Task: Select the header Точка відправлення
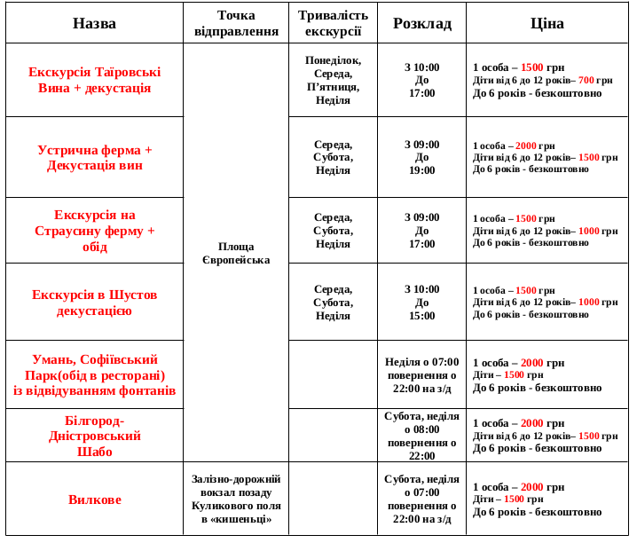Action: (235, 23)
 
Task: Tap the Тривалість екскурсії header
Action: (333, 23)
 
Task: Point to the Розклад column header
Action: (421, 23)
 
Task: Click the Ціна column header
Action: (547, 23)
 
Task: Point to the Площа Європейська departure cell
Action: (235, 252)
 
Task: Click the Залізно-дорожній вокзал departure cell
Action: (235, 499)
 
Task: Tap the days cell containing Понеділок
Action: (333, 80)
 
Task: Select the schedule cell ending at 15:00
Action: (421, 302)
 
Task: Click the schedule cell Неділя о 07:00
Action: (421, 374)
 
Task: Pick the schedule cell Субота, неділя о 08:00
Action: (421, 436)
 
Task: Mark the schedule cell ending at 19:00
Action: (421, 157)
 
